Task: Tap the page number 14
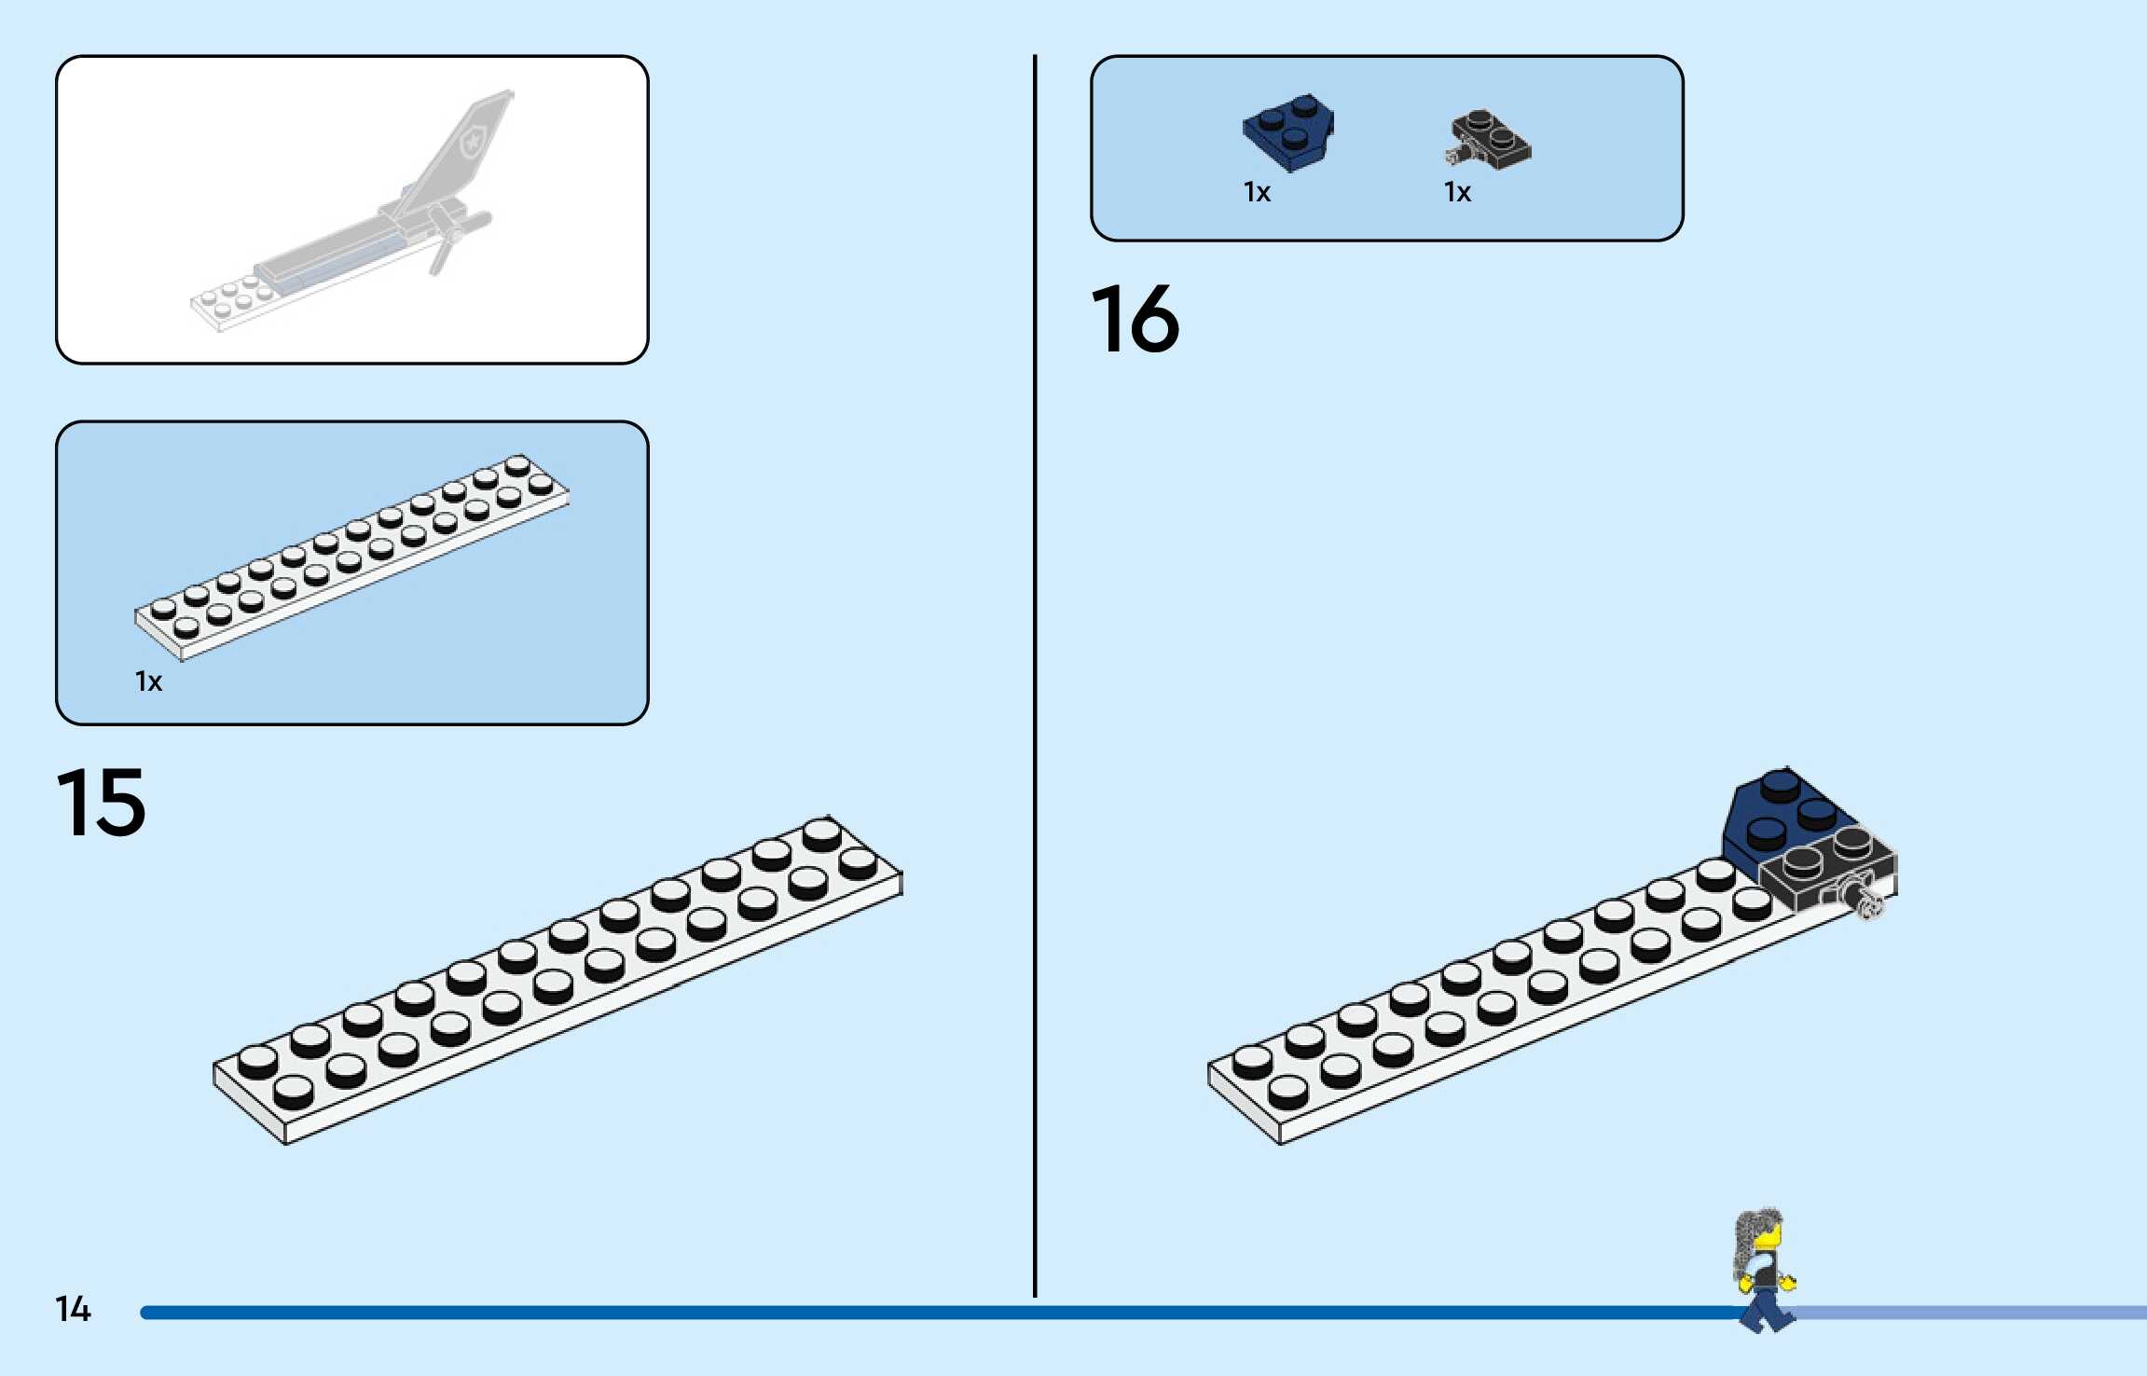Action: coord(73,1309)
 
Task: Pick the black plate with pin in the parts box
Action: coord(1490,140)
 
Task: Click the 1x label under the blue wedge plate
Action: coord(1257,192)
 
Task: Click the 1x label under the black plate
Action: coord(1457,192)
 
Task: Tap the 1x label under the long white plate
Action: coord(148,681)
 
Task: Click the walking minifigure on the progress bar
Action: coord(1764,1273)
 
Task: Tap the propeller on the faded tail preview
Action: coord(457,238)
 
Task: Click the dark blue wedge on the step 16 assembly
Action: coord(1776,811)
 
